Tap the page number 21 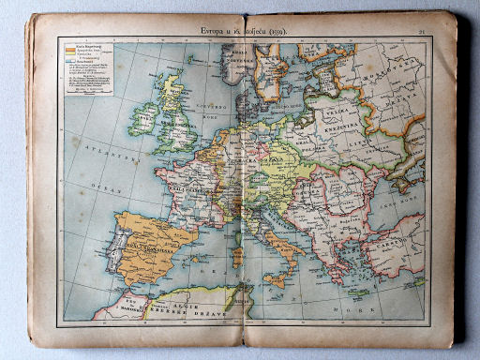coord(422,33)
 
